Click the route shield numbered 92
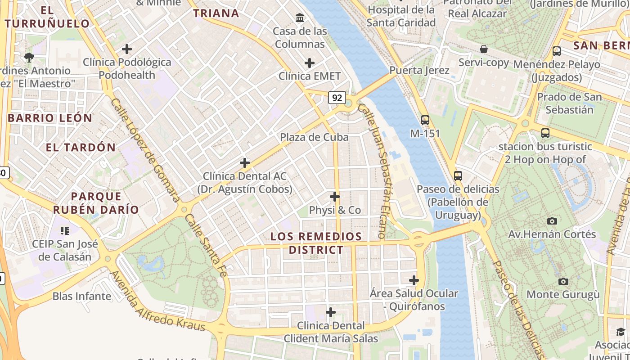pos(337,97)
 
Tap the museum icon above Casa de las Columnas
pos(300,18)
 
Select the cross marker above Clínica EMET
pos(310,63)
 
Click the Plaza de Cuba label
pos(314,137)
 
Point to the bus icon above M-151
pos(425,120)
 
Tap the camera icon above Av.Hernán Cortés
pos(552,221)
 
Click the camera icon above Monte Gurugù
pos(563,281)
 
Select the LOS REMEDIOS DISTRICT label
pos(316,243)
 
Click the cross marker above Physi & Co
pos(335,197)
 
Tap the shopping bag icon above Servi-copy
pos(484,49)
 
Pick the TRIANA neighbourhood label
pos(216,13)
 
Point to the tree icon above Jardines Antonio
pos(29,57)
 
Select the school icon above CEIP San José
pos(65,231)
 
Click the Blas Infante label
pos(82,296)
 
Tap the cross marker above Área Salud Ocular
pos(414,280)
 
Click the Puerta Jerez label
pos(419,70)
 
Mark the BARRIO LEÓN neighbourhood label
pos(50,118)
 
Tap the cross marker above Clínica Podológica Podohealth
pos(127,49)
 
